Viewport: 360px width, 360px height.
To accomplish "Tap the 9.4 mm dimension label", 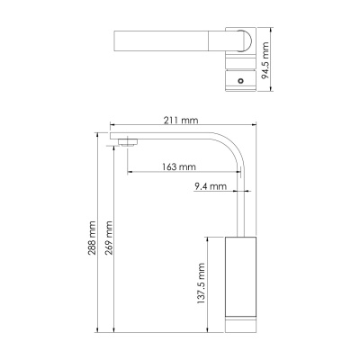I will [210, 187].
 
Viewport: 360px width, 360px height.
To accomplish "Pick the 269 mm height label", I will [110, 238].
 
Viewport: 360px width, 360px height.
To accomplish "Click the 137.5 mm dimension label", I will [203, 286].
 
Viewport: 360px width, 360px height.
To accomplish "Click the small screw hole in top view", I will [240, 80].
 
